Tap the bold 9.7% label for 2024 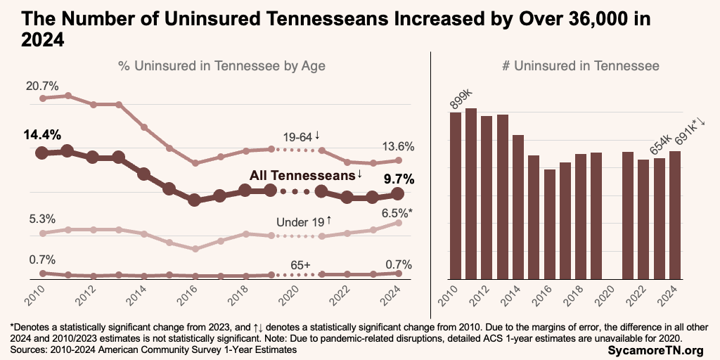[x=398, y=179]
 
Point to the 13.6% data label [x=398, y=146]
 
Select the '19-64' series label [x=300, y=136]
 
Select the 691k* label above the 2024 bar [x=689, y=134]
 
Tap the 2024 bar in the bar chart [x=675, y=214]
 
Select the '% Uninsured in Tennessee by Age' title [x=221, y=66]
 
